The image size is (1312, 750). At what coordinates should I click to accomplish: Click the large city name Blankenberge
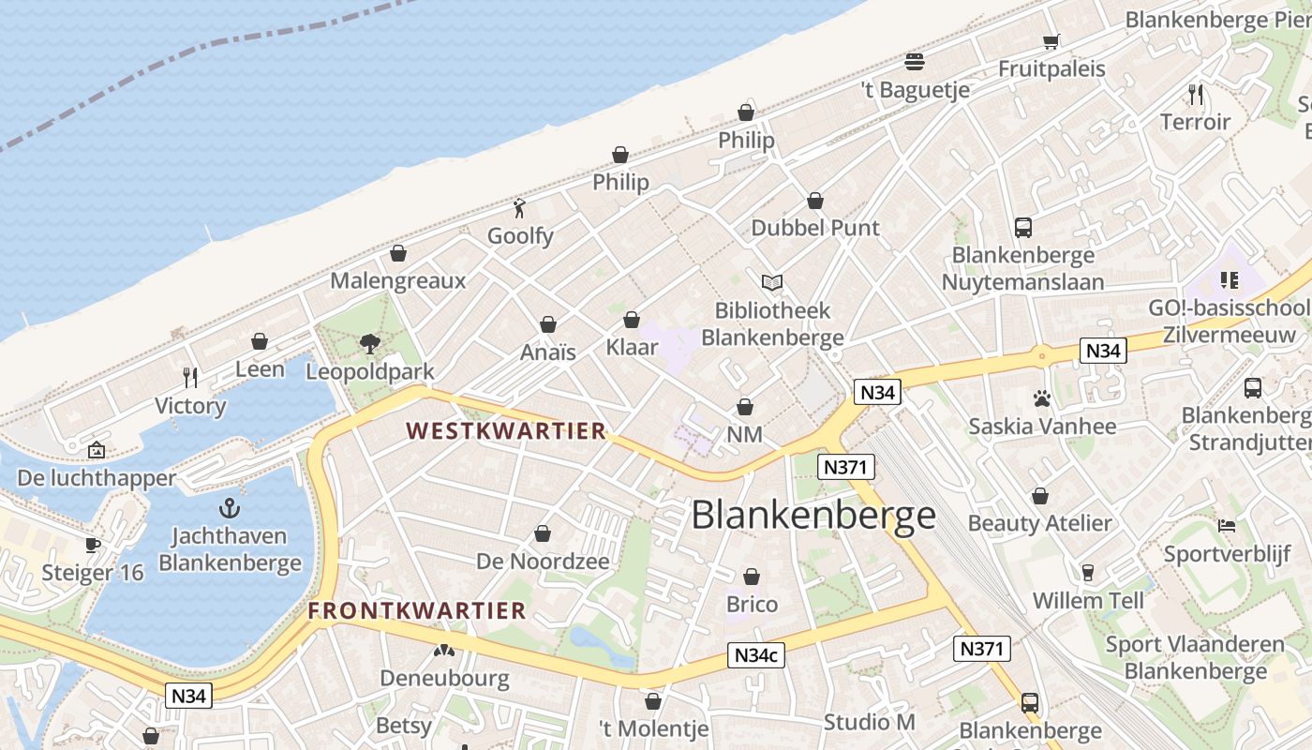813,515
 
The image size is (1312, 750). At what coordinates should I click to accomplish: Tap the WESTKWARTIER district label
506,431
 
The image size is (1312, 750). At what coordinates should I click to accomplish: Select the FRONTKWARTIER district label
417,611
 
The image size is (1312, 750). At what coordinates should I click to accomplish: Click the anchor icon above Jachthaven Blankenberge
230,509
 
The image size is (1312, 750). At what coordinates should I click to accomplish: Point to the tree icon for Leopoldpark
370,344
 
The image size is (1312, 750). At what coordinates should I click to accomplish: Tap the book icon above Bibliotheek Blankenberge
772,282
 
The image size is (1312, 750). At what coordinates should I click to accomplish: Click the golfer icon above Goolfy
520,208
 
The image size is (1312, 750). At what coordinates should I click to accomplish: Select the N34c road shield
755,656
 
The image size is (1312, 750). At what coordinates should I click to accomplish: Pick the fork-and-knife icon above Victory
190,378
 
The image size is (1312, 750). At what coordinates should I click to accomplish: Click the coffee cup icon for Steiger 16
93,545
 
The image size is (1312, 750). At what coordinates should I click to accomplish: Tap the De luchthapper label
97,478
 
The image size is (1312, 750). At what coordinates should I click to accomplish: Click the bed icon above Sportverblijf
1227,526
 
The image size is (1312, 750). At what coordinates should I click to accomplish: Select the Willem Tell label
1088,600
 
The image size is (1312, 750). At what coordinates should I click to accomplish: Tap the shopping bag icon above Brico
752,577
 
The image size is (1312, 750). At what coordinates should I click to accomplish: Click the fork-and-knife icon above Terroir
1195,94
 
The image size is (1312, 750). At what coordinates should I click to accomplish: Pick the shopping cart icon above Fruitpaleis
1051,41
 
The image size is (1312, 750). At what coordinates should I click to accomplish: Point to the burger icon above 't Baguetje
915,62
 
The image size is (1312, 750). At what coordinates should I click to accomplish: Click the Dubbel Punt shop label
815,228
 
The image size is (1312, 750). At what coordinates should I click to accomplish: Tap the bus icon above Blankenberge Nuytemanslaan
1022,227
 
